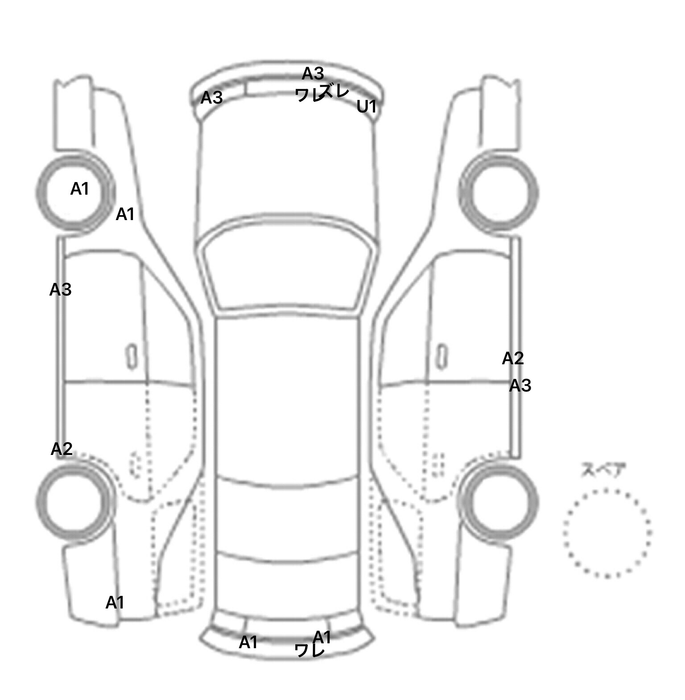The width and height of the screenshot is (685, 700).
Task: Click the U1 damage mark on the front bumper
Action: point(367,107)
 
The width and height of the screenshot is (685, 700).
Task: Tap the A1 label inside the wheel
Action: point(80,189)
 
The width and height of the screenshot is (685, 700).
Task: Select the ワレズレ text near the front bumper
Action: point(322,93)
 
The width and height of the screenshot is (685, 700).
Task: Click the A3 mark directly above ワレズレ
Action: point(313,73)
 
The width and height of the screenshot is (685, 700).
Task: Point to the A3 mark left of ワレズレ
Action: point(211,97)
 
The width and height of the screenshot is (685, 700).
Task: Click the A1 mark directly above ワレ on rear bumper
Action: point(322,637)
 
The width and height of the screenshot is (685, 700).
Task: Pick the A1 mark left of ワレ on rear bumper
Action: point(248,642)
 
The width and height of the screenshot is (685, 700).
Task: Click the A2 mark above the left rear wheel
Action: point(62,449)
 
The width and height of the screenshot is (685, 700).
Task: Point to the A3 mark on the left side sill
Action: point(60,290)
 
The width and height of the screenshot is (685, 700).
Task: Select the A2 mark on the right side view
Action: point(513,358)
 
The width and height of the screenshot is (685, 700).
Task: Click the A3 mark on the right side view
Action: point(520,385)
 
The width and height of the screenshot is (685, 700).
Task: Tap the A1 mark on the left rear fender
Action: point(115,603)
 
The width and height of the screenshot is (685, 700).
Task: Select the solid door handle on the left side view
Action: point(131,357)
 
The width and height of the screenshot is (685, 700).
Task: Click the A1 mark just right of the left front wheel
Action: point(125,214)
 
